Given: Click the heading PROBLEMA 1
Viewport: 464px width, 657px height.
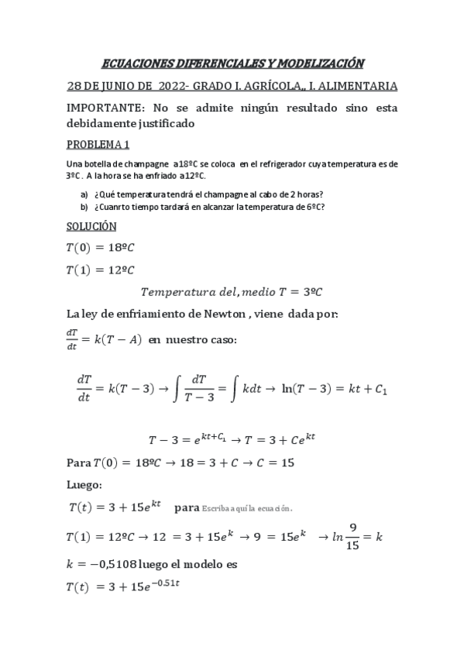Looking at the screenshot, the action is point(98,145).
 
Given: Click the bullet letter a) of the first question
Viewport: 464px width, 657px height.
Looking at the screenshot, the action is point(84,194).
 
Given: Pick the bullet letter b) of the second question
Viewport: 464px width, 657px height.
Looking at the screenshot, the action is point(84,207).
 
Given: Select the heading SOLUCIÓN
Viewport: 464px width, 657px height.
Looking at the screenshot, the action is point(91,226).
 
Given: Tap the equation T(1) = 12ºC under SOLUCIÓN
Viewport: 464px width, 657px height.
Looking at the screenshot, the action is point(100,270).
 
